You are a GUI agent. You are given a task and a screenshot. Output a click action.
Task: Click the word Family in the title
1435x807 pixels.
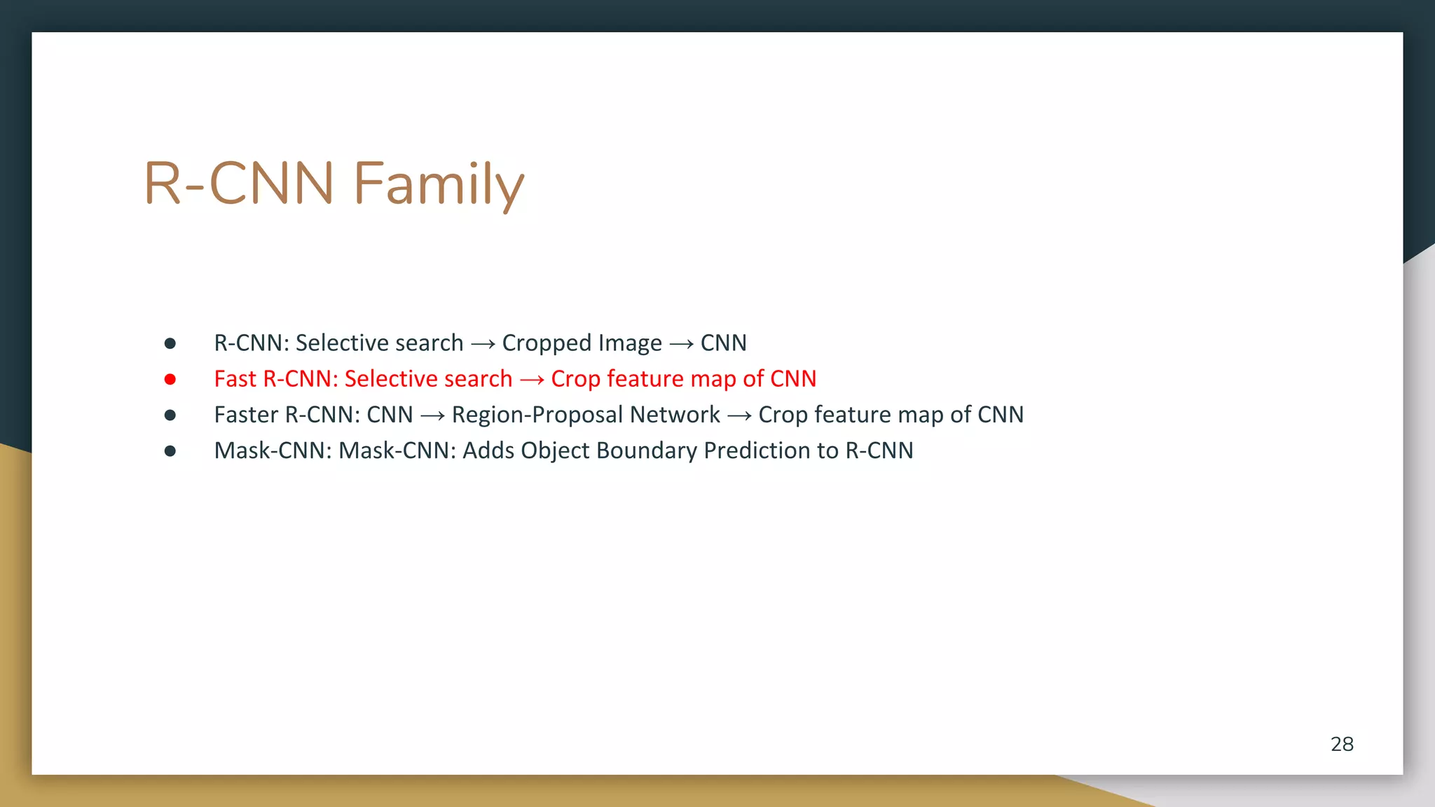(x=439, y=184)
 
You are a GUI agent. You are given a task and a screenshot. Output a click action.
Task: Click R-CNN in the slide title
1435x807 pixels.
(x=239, y=184)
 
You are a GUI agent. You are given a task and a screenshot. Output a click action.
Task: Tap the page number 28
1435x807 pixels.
(x=1342, y=744)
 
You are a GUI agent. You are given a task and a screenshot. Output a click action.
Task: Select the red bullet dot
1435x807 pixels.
(x=170, y=380)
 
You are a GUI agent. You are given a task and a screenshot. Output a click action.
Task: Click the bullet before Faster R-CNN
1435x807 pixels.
(x=170, y=415)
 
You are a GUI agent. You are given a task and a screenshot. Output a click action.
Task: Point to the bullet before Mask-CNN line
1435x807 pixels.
(x=170, y=451)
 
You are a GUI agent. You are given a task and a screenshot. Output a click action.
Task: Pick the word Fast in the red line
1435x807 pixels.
(x=235, y=379)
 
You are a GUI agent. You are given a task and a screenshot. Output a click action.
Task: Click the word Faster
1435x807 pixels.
(x=246, y=415)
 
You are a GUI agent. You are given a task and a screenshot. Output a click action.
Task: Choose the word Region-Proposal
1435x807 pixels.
(x=537, y=415)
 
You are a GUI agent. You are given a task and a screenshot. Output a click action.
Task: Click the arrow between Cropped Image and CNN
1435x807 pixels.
(x=681, y=344)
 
